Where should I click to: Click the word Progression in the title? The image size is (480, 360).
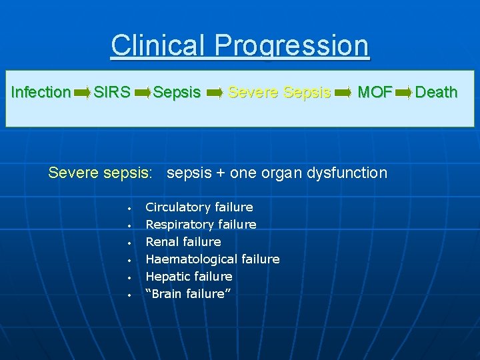(292, 45)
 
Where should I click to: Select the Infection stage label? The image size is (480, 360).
(41, 92)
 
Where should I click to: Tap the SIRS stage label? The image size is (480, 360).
(112, 92)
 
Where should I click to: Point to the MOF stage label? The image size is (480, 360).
(375, 92)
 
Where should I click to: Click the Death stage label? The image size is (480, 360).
(436, 92)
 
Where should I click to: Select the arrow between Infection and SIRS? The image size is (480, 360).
(82, 93)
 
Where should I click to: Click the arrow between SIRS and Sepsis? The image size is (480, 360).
(143, 93)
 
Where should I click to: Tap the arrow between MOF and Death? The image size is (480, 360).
(404, 93)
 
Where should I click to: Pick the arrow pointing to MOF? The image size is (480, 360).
(342, 93)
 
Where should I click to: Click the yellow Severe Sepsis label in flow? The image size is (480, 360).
(279, 92)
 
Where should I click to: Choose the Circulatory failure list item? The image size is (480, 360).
(199, 207)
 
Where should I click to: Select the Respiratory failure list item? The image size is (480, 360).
(201, 225)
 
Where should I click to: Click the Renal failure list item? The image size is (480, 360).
(183, 241)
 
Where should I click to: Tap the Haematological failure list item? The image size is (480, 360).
(212, 259)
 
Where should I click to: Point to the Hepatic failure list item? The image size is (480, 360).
(189, 276)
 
